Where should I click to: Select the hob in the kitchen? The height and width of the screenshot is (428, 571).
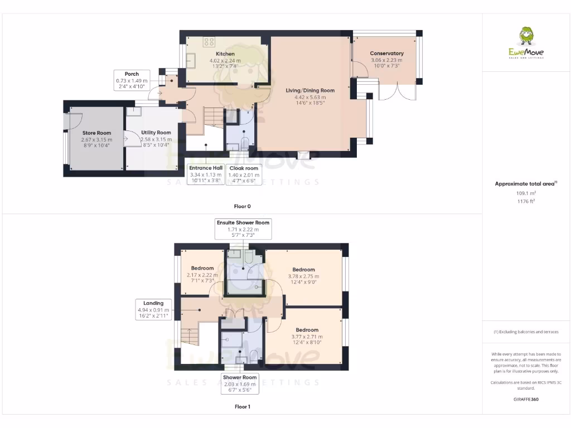coord(210,41)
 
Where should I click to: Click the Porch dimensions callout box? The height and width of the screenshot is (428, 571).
coord(132,80)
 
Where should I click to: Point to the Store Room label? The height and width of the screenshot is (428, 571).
coord(97,133)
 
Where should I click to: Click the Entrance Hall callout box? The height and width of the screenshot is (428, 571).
coord(206,174)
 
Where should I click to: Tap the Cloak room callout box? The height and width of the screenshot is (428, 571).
coord(244,174)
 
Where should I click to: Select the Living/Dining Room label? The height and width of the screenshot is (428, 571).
coord(310,90)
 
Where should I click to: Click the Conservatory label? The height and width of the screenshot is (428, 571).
coord(386,53)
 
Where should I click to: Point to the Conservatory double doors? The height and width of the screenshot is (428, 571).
coord(396,92)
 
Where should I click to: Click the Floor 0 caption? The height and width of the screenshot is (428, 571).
coord(242,206)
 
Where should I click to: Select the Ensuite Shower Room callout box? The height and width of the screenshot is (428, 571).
coord(244,229)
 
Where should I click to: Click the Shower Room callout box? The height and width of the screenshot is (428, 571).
coord(240,384)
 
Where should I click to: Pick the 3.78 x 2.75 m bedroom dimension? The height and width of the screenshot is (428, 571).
coord(303,276)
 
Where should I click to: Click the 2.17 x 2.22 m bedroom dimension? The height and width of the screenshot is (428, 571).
coord(202,275)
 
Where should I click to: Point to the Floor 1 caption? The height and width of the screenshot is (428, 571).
coord(242,407)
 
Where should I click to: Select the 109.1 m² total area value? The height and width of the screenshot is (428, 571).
coord(526,193)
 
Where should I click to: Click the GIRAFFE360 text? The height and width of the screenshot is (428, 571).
coord(526,399)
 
